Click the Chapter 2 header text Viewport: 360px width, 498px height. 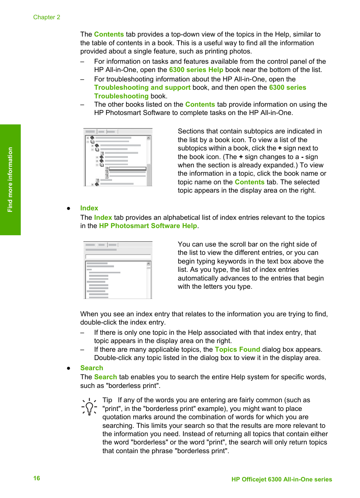pyautogui.click(x=46, y=17)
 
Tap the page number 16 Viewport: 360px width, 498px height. pyautogui.click(x=37, y=478)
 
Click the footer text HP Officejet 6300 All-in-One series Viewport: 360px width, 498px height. pyautogui.click(x=282, y=479)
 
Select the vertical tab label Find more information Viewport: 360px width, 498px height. pyautogui.click(x=10, y=179)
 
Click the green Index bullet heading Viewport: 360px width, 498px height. pyautogui.click(x=89, y=208)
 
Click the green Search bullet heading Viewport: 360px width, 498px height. pyautogui.click(x=91, y=368)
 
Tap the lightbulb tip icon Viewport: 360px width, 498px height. pyautogui.click(x=89, y=407)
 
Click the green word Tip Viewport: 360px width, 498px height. pyautogui.click(x=107, y=400)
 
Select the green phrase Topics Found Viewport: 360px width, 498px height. pyautogui.click(x=237, y=349)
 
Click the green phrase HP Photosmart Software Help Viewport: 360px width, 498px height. pyautogui.click(x=148, y=226)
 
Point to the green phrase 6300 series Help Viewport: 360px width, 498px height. pyautogui.click(x=196, y=70)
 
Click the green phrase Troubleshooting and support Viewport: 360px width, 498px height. pyautogui.click(x=142, y=87)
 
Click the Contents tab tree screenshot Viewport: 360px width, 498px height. pyautogui.click(x=118, y=157)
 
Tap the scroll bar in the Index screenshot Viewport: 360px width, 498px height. pyautogui.click(x=149, y=279)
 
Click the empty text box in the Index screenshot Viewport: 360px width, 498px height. pyautogui.click(x=118, y=257)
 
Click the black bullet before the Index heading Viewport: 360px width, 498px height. pyautogui.click(x=69, y=208)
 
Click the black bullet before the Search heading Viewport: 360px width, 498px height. pyautogui.click(x=69, y=368)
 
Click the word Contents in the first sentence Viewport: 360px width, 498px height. pyautogui.click(x=109, y=34)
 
